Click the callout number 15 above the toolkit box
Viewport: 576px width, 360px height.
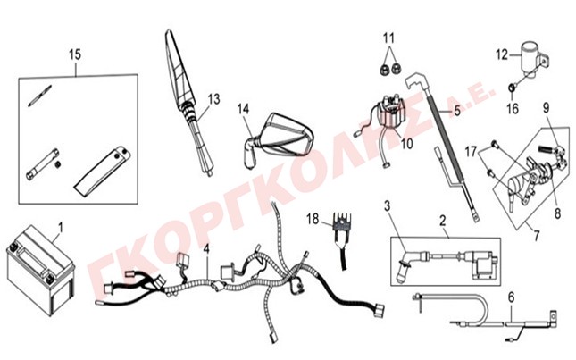[x=75, y=54]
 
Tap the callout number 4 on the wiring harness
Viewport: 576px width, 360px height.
[x=206, y=250]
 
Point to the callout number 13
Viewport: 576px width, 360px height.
[x=213, y=99]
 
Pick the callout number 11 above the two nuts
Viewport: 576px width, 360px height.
[x=388, y=38]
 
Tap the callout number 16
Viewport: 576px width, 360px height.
[x=513, y=109]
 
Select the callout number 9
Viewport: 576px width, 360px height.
[x=547, y=107]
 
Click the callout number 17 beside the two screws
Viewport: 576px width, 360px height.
[x=471, y=151]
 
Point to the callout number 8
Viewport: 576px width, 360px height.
[x=557, y=213]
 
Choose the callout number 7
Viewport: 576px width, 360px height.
[x=537, y=236]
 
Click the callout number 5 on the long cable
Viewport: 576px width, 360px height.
[x=457, y=110]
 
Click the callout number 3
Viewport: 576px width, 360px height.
[x=388, y=206]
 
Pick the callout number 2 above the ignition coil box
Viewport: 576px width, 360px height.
[x=443, y=221]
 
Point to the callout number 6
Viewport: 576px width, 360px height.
[x=512, y=297]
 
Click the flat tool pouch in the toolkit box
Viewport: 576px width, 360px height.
[x=102, y=172]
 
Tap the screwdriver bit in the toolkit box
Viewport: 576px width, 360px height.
[x=39, y=96]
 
